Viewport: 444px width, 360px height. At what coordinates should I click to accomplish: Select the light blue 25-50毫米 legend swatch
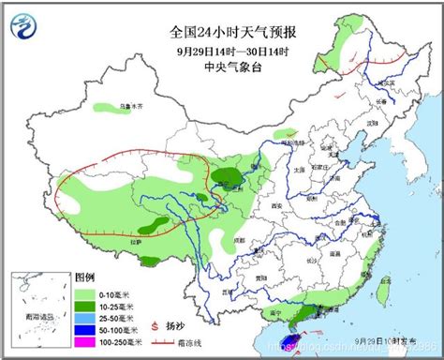[85, 317]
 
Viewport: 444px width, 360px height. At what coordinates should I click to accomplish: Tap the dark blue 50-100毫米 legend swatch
[85, 330]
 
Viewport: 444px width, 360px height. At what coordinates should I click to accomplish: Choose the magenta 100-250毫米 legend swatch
[85, 343]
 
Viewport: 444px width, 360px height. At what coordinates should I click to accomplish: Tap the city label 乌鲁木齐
[143, 106]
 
